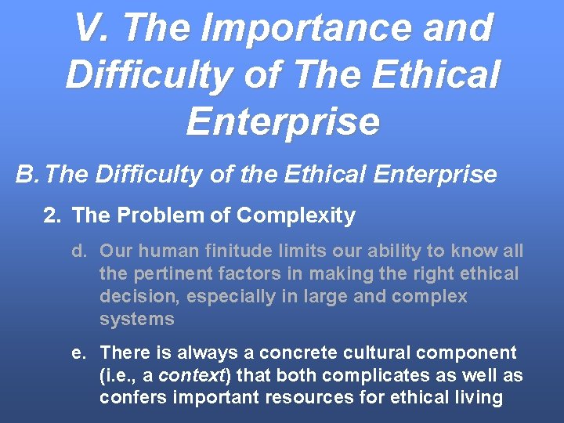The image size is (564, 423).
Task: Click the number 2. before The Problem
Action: click(52, 215)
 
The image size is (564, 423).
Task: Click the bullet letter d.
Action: click(78, 251)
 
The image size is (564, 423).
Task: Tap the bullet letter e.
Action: click(78, 352)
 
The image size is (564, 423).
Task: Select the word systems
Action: click(137, 320)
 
